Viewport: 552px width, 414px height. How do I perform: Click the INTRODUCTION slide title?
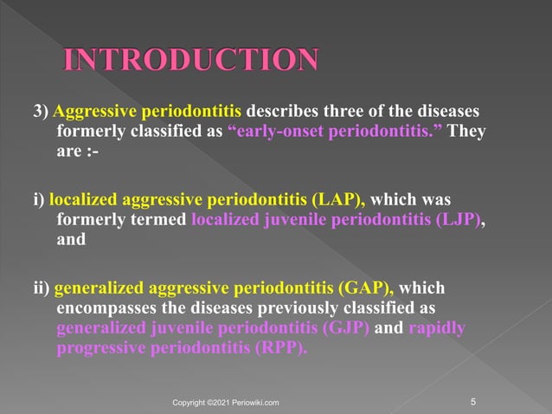tap(191, 60)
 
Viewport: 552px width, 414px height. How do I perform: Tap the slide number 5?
tap(472, 401)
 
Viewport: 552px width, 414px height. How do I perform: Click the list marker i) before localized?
tap(39, 200)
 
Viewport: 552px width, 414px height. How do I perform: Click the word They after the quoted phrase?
tap(467, 133)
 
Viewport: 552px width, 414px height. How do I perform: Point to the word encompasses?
tap(106, 308)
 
